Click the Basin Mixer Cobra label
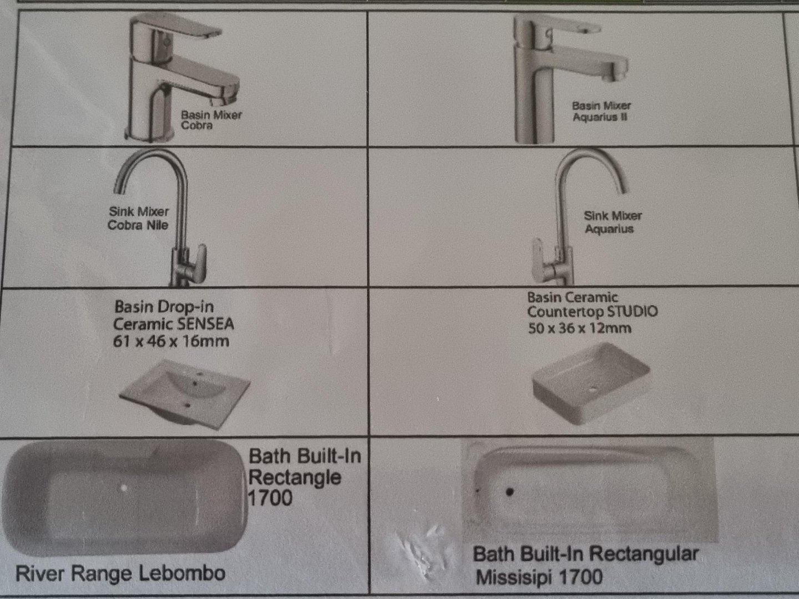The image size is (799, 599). (211, 120)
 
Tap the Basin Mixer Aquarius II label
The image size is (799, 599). (601, 111)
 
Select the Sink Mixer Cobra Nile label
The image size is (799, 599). (138, 218)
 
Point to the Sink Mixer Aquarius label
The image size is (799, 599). (612, 222)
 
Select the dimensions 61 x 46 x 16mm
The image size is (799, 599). (171, 342)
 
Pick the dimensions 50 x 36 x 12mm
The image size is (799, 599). (579, 328)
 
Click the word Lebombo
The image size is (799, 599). (182, 573)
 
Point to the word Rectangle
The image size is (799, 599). (295, 477)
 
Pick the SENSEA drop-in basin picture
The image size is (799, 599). (185, 394)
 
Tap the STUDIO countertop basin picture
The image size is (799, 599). (590, 384)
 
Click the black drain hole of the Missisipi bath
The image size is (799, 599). (509, 492)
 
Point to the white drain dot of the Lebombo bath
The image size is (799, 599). (124, 488)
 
